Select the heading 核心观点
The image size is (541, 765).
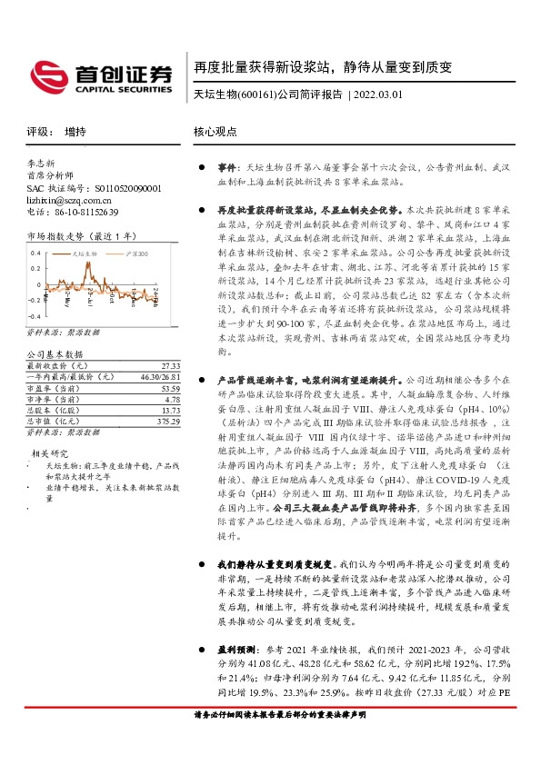(215, 132)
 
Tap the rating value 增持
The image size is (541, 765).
(75, 132)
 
